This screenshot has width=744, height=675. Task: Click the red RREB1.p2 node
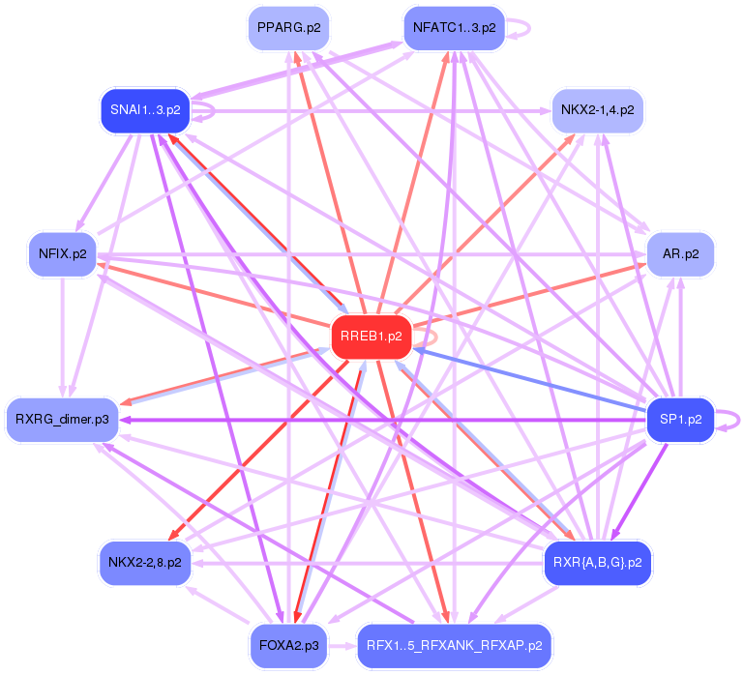point(372,337)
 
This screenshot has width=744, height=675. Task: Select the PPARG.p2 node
point(287,27)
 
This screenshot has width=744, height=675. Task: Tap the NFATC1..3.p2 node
point(454,27)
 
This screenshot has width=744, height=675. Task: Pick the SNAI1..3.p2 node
point(145,110)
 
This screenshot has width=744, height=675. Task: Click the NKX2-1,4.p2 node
point(597,110)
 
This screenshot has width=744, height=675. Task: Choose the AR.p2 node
point(680,254)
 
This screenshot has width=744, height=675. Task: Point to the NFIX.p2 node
point(63,254)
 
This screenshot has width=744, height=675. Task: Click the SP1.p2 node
point(680,420)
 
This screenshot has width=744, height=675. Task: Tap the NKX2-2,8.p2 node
point(145,562)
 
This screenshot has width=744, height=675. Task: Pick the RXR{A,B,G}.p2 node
point(597,562)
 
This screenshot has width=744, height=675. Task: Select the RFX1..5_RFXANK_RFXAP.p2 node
point(454,644)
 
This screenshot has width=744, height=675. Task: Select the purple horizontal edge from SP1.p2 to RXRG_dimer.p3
point(387,420)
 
